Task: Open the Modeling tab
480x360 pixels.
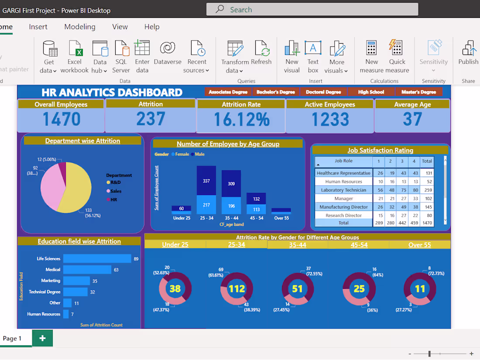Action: coord(80,27)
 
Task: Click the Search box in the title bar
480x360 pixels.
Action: coord(312,9)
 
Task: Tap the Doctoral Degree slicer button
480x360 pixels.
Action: coord(323,92)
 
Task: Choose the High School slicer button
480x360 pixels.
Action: coord(371,92)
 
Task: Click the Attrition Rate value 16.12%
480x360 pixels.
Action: coord(241,120)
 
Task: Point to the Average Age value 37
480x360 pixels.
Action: coord(412,119)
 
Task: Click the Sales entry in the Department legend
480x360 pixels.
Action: coord(116,191)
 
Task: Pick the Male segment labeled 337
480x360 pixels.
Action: coord(206,181)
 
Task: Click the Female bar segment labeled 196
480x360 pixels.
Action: coord(231,206)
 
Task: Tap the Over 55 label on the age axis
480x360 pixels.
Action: coord(281,218)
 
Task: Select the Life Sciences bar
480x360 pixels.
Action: coord(97,259)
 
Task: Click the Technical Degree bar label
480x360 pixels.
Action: coord(45,292)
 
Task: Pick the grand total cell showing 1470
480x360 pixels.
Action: coord(427,223)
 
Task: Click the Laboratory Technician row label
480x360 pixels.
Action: coord(343,190)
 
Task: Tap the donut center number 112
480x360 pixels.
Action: coord(237,288)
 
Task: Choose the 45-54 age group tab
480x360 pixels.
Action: coord(359,245)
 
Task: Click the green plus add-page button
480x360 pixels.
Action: coord(42,338)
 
